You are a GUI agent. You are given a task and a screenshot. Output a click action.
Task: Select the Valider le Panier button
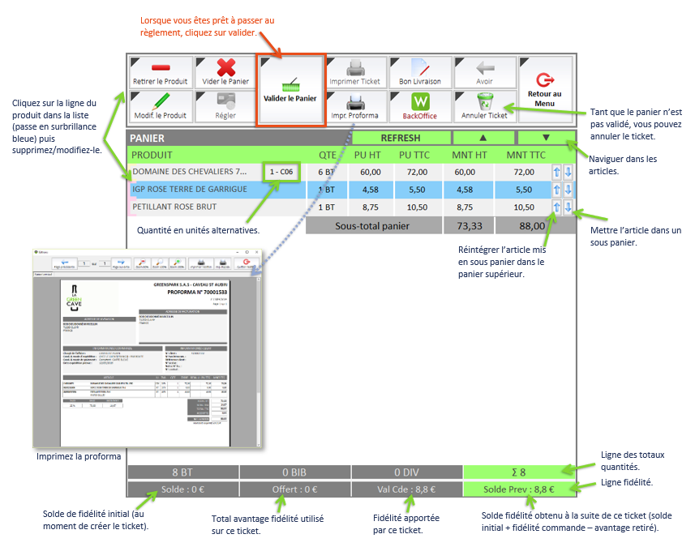[290, 90]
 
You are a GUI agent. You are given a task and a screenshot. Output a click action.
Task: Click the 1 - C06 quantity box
[281, 172]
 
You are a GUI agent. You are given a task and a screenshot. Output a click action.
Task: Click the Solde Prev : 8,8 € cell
[518, 489]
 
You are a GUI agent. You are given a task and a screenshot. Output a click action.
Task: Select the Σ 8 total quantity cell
[518, 472]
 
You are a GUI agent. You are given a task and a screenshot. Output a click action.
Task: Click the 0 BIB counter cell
[294, 472]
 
